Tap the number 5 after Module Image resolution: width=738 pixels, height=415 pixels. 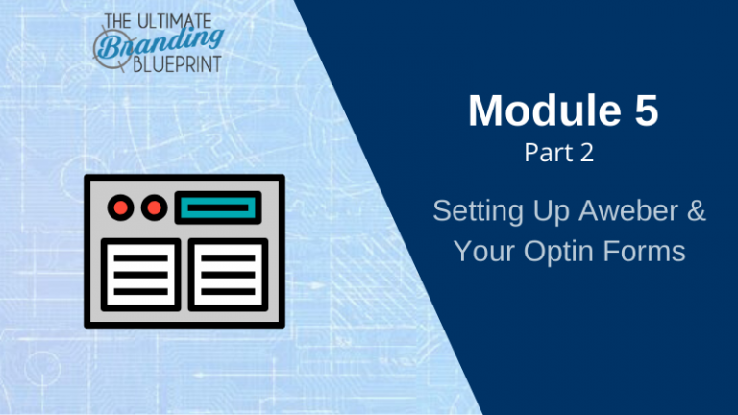(x=646, y=110)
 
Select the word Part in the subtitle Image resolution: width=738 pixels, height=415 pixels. (x=546, y=153)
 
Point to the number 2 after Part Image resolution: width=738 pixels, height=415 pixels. (x=586, y=153)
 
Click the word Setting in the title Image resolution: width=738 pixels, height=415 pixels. (x=478, y=211)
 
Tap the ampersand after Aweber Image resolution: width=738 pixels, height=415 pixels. (x=697, y=210)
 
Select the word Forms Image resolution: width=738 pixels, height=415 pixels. (x=645, y=251)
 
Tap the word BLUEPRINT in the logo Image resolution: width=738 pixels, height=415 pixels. (x=177, y=64)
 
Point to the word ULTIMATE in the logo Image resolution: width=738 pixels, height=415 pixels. (x=174, y=21)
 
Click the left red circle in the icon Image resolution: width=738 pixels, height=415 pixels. (x=120, y=207)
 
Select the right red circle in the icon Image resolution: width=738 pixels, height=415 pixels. (x=155, y=207)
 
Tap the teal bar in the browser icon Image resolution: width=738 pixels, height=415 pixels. (x=218, y=207)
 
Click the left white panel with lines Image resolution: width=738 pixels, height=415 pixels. (x=140, y=275)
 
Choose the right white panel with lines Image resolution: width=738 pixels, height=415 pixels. (x=229, y=275)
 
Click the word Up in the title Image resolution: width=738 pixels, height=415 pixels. (x=551, y=211)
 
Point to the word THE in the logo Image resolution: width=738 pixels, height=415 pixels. (x=118, y=22)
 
